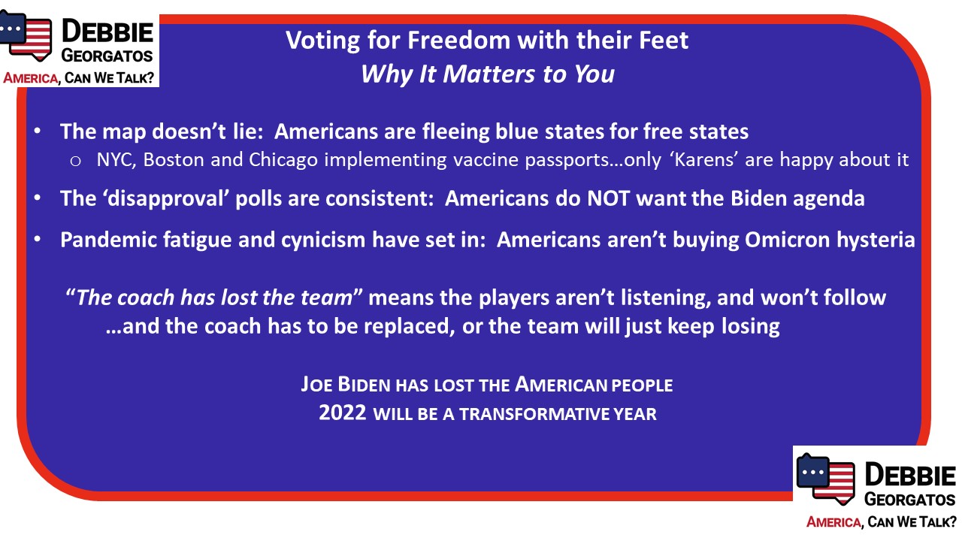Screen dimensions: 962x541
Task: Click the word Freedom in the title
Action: point(458,41)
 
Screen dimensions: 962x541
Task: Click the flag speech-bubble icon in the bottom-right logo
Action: point(825,479)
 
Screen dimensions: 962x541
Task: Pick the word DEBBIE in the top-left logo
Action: point(107,32)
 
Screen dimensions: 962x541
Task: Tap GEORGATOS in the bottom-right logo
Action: point(910,500)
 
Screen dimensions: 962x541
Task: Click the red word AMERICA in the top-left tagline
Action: point(31,78)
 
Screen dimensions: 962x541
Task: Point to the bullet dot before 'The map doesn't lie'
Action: point(38,131)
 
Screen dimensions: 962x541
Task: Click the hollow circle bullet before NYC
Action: point(75,161)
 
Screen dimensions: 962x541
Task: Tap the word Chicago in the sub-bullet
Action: point(283,160)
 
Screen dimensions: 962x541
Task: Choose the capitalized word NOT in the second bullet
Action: point(609,198)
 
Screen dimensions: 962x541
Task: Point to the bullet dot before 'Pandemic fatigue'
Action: point(38,239)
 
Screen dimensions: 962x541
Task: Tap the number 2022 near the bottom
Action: point(343,413)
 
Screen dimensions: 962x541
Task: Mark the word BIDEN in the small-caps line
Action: point(365,384)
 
